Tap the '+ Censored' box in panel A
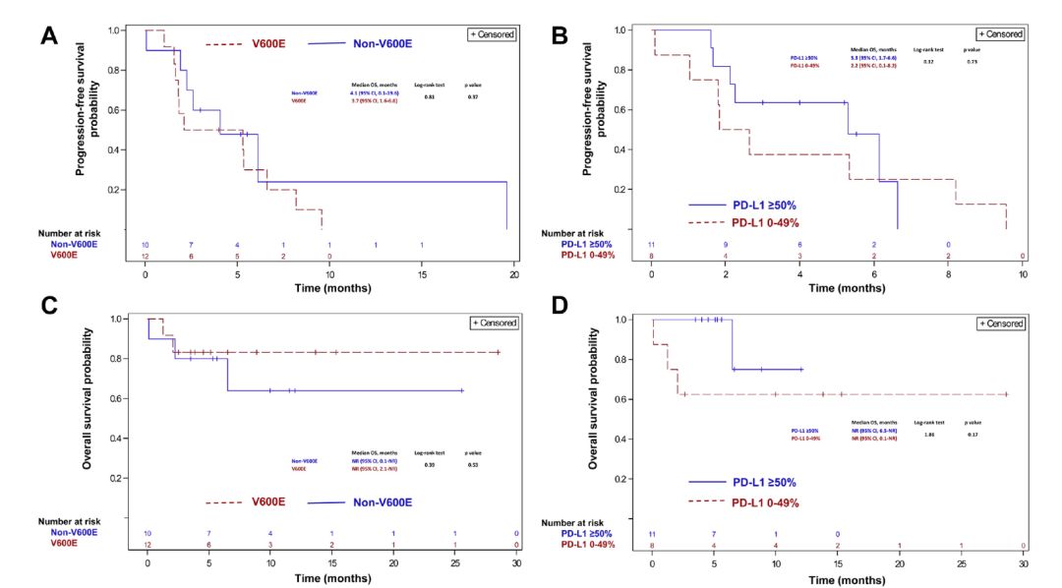[x=493, y=34]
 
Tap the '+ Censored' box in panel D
[x=999, y=323]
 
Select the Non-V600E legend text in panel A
[x=377, y=43]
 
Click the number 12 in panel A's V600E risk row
[x=147, y=256]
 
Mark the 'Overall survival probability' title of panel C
[x=88, y=398]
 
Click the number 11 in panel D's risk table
[x=652, y=534]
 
